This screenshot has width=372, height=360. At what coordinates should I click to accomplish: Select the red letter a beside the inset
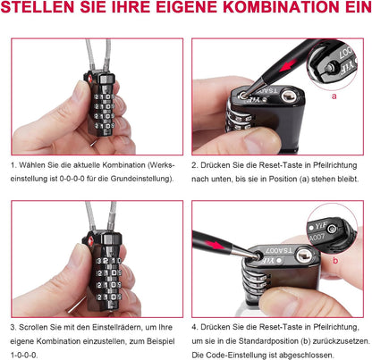[x=333, y=93]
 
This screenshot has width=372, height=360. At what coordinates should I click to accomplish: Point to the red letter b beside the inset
[x=334, y=260]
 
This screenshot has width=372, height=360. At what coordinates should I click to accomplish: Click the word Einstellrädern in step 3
[x=110, y=326]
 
